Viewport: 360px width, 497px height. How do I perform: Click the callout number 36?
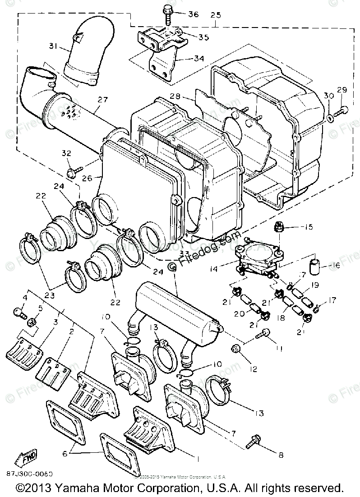click(x=193, y=14)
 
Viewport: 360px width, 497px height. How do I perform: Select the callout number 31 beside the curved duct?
click(x=54, y=45)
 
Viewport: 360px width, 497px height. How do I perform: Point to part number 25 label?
click(x=216, y=15)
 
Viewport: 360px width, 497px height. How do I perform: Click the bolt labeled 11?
click(x=263, y=334)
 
